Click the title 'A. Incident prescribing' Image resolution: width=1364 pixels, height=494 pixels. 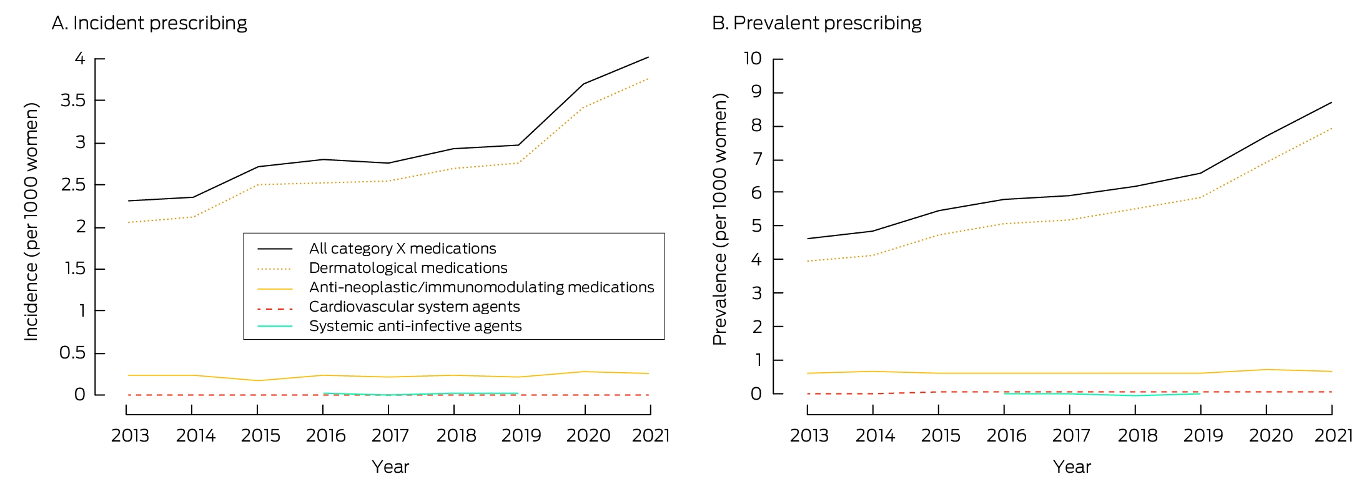pyautogui.click(x=149, y=23)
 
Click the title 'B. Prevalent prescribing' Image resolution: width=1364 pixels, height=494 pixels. pyautogui.click(x=817, y=23)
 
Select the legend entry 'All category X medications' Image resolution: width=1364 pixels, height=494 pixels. pyautogui.click(x=402, y=249)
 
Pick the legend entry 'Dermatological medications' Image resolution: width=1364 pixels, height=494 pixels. pyautogui.click(x=408, y=268)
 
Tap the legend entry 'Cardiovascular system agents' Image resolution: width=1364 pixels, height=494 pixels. pyautogui.click(x=414, y=307)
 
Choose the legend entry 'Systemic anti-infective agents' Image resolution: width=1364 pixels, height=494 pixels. pyautogui.click(x=415, y=326)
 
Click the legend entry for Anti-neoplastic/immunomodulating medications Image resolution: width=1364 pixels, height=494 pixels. pyautogui.click(x=482, y=287)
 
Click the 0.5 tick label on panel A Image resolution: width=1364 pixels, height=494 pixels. pyautogui.click(x=72, y=353)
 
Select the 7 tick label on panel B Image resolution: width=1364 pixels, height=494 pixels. pyautogui.click(x=757, y=159)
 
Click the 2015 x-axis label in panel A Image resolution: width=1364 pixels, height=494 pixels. pyautogui.click(x=260, y=435)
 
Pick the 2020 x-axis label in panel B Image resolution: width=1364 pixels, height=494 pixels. pyautogui.click(x=1270, y=435)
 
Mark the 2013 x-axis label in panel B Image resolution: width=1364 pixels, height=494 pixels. pyautogui.click(x=809, y=435)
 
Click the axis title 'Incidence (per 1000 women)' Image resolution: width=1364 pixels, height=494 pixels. pyautogui.click(x=31, y=222)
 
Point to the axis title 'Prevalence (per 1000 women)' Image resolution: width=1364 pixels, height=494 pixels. pyautogui.click(x=720, y=219)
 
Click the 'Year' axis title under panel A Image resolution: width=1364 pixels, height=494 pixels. pyautogui.click(x=390, y=467)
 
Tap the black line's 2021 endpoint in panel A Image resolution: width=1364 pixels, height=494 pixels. pyautogui.click(x=648, y=57)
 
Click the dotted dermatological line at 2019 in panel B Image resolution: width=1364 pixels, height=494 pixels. pyautogui.click(x=1200, y=197)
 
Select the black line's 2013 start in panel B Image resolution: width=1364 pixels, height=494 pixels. pyautogui.click(x=808, y=239)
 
